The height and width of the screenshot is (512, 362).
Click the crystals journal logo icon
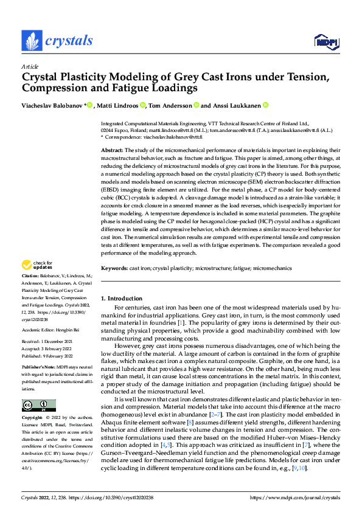tap(32, 41)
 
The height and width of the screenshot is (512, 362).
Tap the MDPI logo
tap(325, 41)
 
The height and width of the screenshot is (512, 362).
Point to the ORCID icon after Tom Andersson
tap(197, 105)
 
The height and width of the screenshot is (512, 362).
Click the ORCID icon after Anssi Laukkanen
tap(265, 105)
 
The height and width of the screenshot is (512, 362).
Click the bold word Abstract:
tap(112, 150)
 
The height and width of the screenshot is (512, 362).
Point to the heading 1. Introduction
tap(120, 299)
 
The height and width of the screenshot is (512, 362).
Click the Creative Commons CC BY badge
tap(38, 406)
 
